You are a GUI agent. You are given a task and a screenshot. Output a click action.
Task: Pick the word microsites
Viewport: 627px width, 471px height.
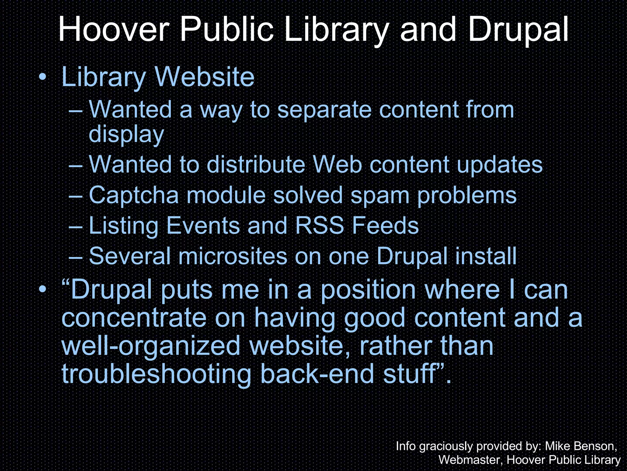tap(233, 256)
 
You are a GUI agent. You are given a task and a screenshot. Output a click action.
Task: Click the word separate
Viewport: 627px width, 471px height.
tap(324, 109)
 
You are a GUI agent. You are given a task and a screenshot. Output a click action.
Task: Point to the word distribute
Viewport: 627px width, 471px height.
tap(256, 165)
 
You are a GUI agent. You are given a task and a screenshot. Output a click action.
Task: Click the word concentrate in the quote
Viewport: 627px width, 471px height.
tap(134, 318)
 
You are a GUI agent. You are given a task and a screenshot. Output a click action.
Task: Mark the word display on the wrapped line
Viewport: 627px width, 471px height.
tap(126, 134)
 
